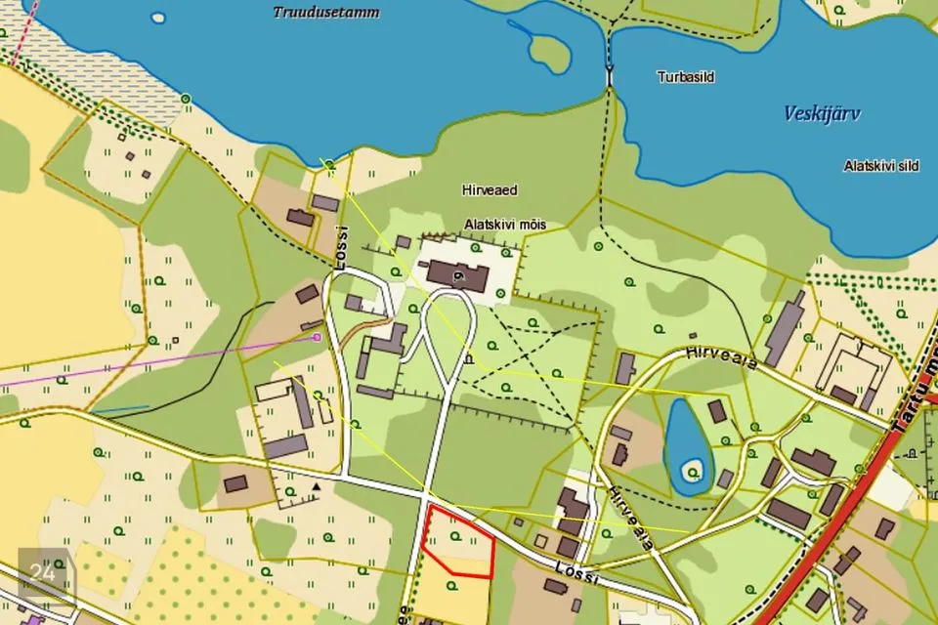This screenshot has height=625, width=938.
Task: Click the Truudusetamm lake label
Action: [x=326, y=13]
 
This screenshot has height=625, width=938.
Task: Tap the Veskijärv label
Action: [x=822, y=114]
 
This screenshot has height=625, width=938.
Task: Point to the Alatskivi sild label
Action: [x=880, y=166]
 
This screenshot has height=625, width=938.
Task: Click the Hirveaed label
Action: [x=489, y=189]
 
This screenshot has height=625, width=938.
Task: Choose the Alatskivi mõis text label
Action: [x=504, y=225]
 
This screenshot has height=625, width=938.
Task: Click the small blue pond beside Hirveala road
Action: [x=687, y=437]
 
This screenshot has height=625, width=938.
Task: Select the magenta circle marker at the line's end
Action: [x=317, y=337]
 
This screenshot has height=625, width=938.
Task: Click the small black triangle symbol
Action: [x=316, y=485]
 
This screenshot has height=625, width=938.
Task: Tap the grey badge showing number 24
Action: [x=43, y=573]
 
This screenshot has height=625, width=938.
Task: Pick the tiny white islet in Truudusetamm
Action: [x=158, y=17]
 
